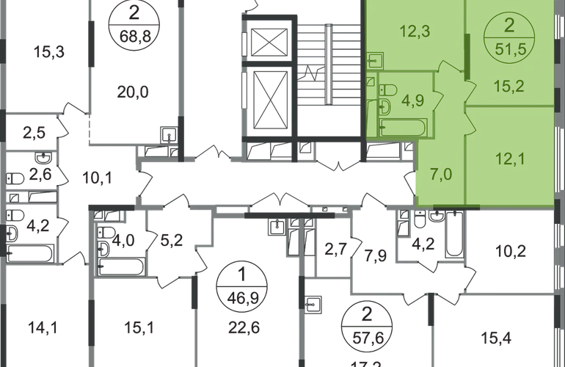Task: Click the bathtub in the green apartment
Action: point(404,129)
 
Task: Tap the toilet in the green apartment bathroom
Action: point(390,89)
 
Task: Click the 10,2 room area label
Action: point(513,252)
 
